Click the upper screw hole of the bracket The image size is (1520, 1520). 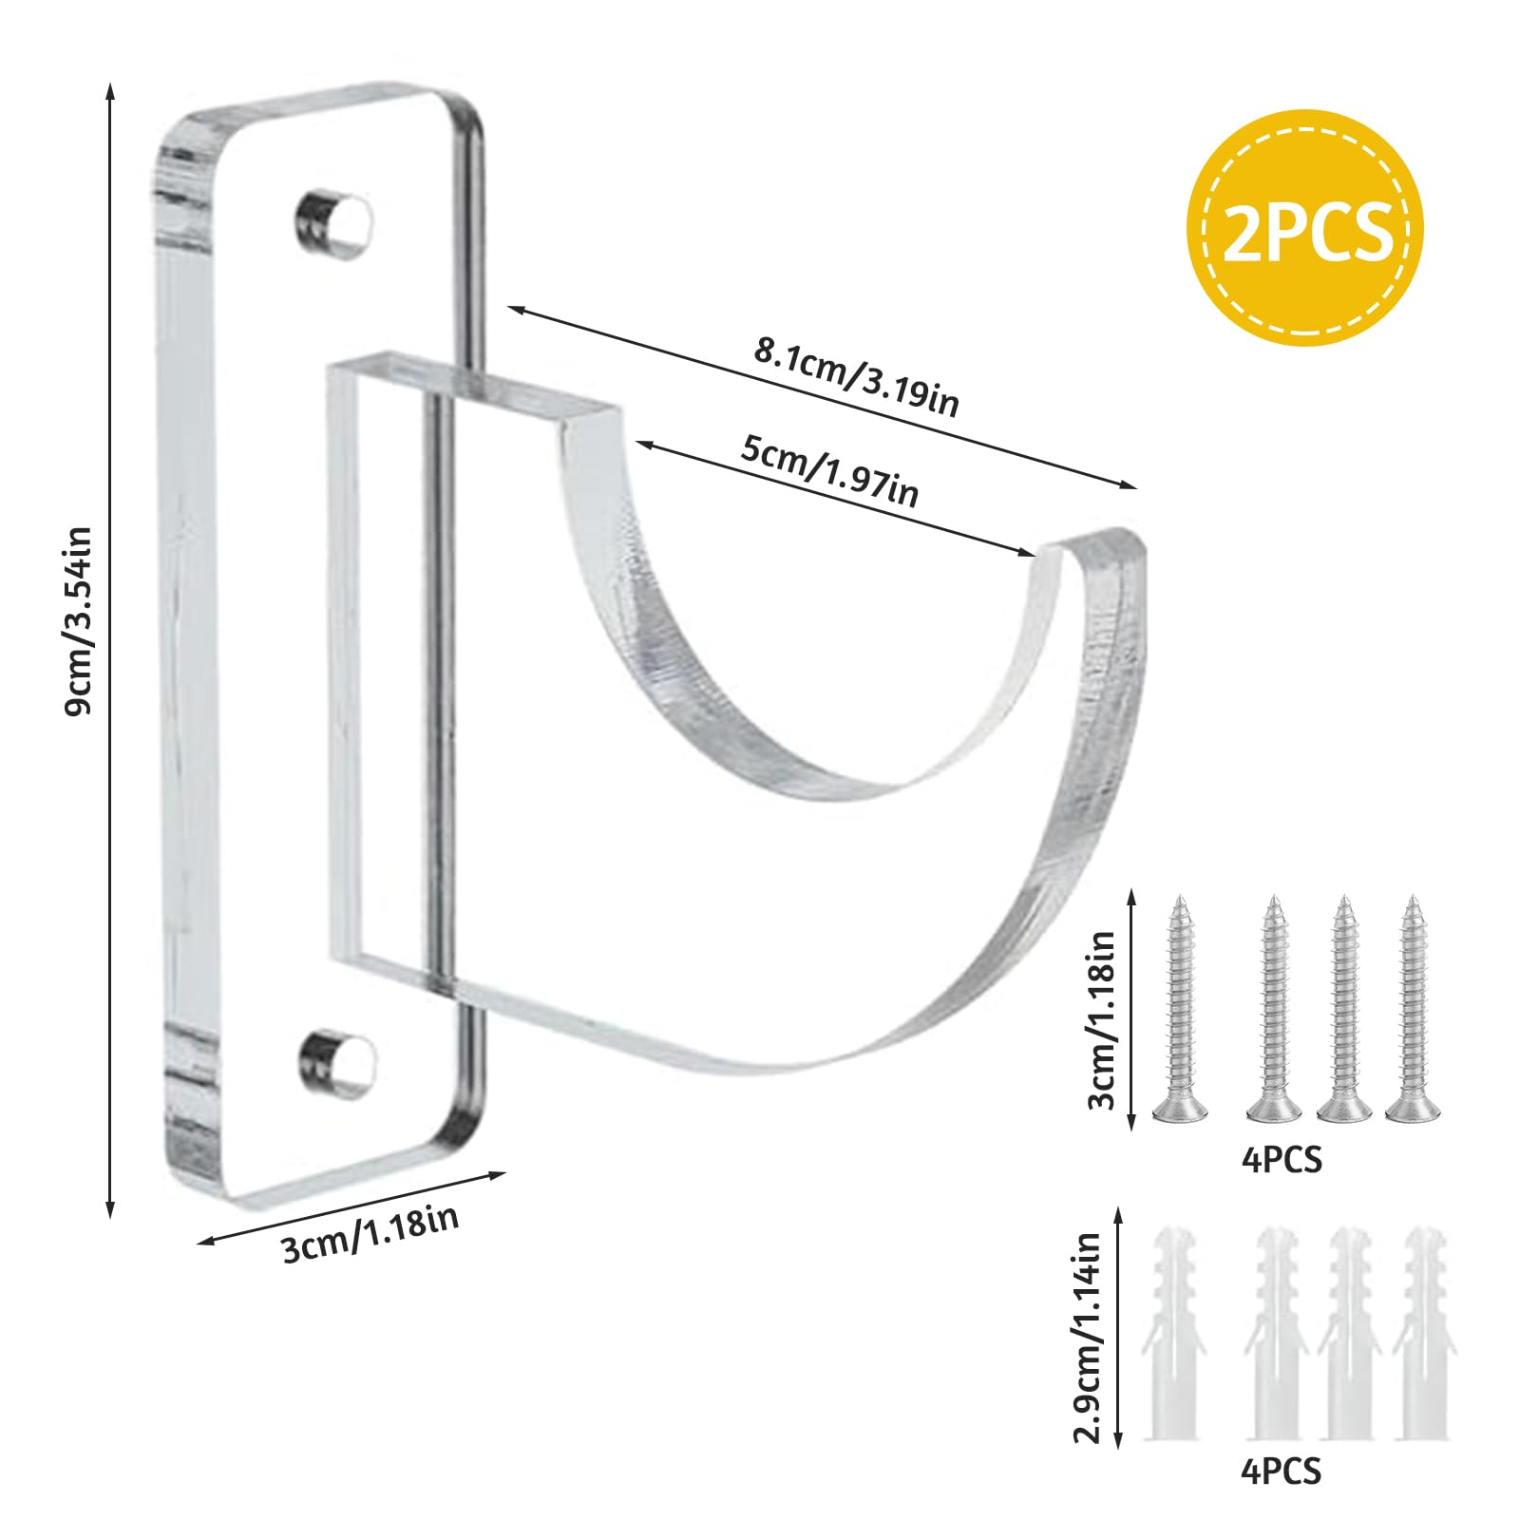point(335,225)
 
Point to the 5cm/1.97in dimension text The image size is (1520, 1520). point(829,472)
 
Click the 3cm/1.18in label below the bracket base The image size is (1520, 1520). point(371,1234)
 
